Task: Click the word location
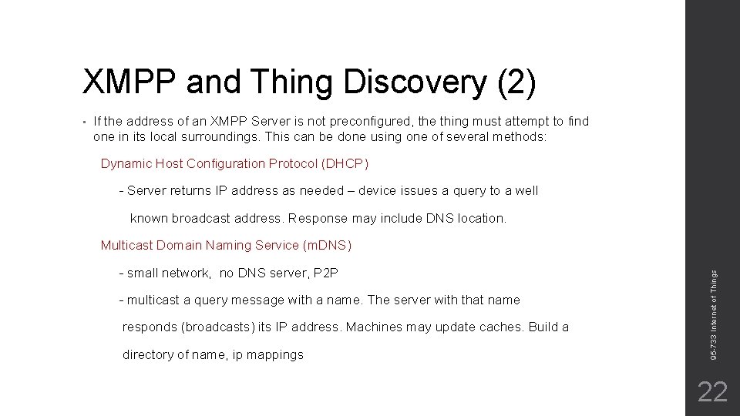[480, 218]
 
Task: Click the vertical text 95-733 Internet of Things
[714, 312]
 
